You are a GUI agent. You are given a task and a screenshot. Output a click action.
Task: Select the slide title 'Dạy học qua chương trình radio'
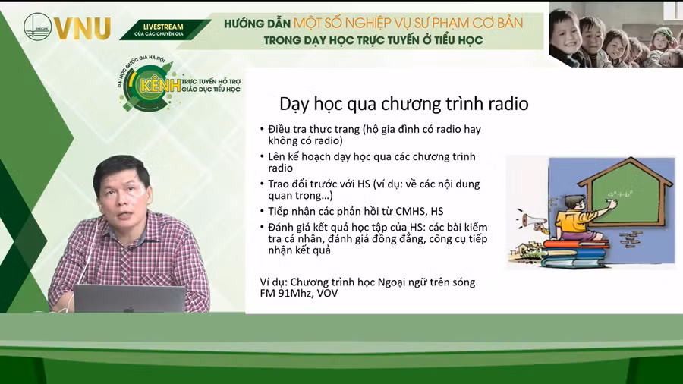(404, 103)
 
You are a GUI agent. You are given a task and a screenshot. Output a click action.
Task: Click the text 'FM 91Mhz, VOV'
(298, 293)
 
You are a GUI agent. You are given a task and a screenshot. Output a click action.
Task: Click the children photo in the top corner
(615, 34)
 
